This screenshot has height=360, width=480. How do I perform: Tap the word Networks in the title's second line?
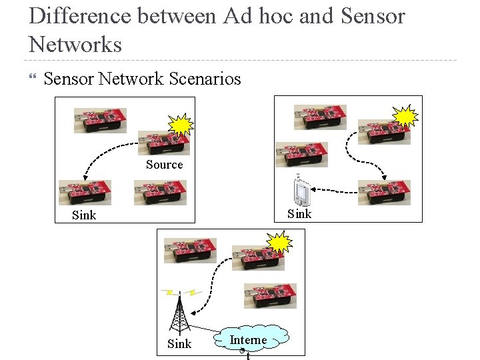tap(75, 45)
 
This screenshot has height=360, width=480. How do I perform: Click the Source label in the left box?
tap(164, 165)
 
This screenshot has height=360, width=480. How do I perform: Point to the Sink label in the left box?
tap(84, 215)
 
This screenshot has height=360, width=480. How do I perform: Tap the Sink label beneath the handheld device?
tap(299, 213)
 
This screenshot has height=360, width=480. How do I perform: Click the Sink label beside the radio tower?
tap(179, 344)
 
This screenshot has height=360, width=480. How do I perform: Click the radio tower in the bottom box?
tap(179, 313)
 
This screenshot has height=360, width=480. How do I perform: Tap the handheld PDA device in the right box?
tap(301, 191)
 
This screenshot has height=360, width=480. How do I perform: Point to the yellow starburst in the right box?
tap(405, 117)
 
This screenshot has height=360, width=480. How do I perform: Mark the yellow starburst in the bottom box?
tap(279, 243)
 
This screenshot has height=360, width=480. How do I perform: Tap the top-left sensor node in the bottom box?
tap(190, 251)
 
